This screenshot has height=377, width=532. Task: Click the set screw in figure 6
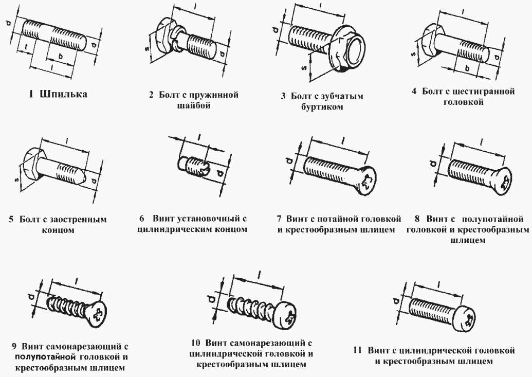194,167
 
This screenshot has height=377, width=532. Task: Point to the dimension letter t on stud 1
27,48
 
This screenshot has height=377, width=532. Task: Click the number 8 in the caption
418,219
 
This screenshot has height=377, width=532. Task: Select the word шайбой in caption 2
195,105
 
